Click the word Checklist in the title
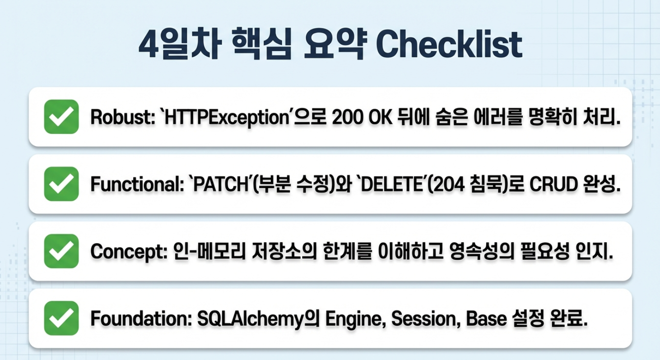click(x=449, y=45)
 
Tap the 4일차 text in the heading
click(x=180, y=44)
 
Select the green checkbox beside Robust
click(x=61, y=116)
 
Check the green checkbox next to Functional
click(x=61, y=184)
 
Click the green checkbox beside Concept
click(x=61, y=251)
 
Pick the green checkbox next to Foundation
click(x=61, y=318)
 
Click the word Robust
click(x=121, y=117)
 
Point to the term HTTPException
click(x=226, y=118)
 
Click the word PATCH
click(x=221, y=184)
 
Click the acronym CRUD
click(x=553, y=184)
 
